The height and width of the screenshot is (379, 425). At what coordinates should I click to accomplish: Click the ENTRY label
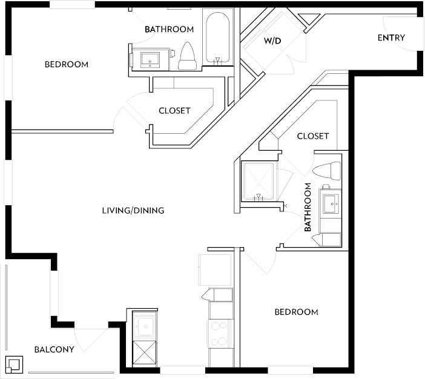[x=391, y=38]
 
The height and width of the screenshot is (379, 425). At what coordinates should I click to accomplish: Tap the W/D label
[x=272, y=41]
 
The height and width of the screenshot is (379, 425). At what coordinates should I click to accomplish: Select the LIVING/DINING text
[x=133, y=210]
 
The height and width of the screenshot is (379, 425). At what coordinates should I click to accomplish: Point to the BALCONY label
[x=54, y=349]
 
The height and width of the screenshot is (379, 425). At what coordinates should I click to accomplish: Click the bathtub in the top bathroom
[x=218, y=38]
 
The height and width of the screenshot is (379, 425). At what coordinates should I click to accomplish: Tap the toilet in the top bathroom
[x=187, y=56]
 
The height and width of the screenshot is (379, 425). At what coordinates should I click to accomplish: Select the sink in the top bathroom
[x=150, y=60]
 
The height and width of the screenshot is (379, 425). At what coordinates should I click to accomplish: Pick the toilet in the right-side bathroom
[x=326, y=171]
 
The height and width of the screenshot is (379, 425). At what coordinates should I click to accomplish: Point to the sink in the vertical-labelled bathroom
[x=331, y=204]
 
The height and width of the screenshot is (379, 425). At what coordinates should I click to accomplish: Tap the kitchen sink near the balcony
[x=145, y=326]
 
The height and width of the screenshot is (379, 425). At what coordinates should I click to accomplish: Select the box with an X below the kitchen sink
[x=144, y=354]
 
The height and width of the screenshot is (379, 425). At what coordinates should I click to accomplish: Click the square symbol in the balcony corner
[x=14, y=364]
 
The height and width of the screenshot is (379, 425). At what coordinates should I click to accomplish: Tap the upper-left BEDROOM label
[x=67, y=65]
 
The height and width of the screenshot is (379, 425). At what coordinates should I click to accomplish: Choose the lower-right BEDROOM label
[x=297, y=312]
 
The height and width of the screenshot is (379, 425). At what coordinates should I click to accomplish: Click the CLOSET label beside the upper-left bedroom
[x=174, y=111]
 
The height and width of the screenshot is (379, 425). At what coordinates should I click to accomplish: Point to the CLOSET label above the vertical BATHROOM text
[x=313, y=136]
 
